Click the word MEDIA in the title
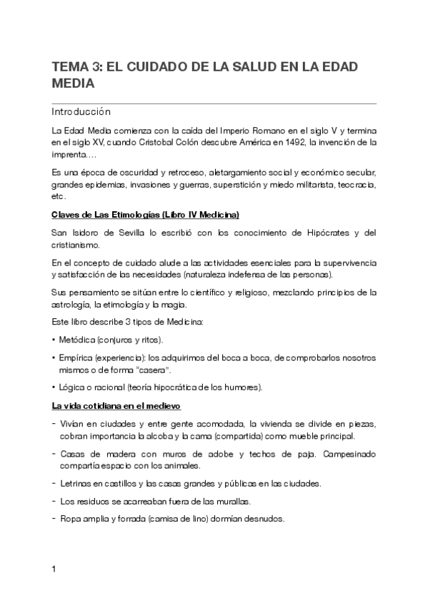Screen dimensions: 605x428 click(73, 83)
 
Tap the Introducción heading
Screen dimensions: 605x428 click(81, 112)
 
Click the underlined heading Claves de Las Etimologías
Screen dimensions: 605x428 click(145, 214)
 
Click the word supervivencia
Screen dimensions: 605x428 click(348, 263)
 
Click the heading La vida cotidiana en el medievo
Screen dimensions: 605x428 click(116, 407)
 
